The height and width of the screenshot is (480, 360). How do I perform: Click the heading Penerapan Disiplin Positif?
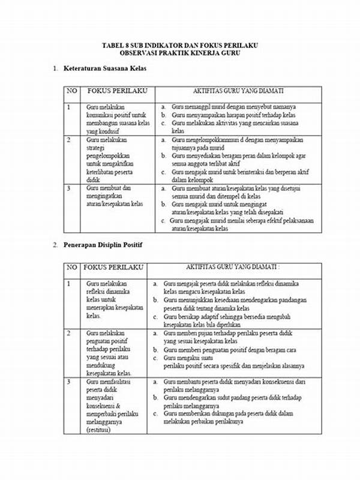(103, 245)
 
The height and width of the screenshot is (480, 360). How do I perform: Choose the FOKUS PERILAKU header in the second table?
(108, 267)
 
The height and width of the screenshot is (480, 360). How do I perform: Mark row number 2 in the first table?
(69, 140)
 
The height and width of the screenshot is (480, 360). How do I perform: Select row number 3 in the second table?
(69, 382)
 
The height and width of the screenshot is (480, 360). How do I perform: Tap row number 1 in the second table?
(69, 283)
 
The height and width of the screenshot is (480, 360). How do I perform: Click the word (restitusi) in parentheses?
(103, 430)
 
